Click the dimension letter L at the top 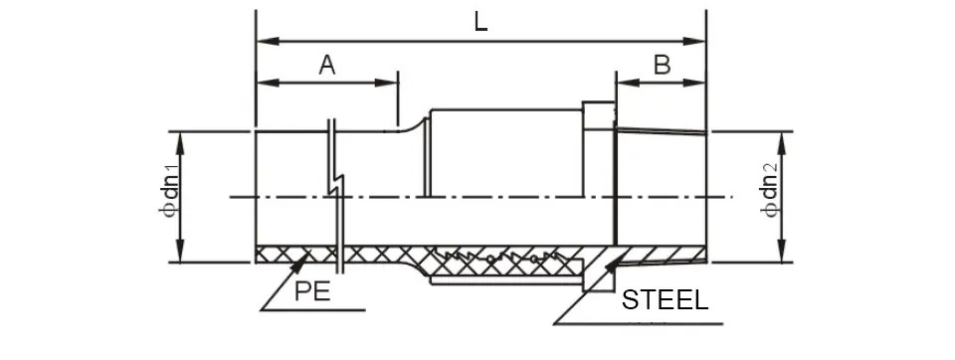(x=480, y=23)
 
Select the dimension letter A (x=327, y=64)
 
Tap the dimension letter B (x=663, y=64)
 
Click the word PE (x=312, y=291)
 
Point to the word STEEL (x=665, y=299)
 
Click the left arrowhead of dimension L (x=268, y=42)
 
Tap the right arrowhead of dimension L (x=693, y=42)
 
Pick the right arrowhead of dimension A (x=386, y=83)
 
